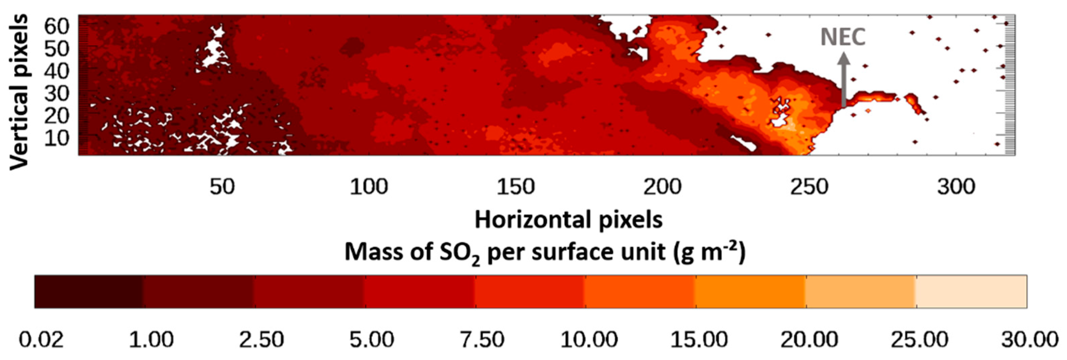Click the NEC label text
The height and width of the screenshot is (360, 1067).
pyautogui.click(x=843, y=37)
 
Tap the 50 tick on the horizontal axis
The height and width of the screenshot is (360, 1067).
pyautogui.click(x=222, y=187)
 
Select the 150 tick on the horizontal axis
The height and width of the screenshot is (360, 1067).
pyautogui.click(x=516, y=187)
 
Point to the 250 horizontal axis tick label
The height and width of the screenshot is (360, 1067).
pyautogui.click(x=809, y=187)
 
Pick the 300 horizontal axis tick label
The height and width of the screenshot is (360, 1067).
pyautogui.click(x=956, y=187)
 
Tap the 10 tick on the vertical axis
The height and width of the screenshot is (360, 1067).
pyautogui.click(x=56, y=138)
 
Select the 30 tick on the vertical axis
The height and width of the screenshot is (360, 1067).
pyautogui.click(x=56, y=94)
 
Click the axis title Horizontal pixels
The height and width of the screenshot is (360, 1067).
pyautogui.click(x=568, y=220)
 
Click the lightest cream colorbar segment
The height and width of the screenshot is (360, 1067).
pyautogui.click(x=971, y=292)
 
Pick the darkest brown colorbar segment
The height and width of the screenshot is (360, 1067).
pyautogui.click(x=89, y=292)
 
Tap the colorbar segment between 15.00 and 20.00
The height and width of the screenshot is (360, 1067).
pyautogui.click(x=751, y=292)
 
